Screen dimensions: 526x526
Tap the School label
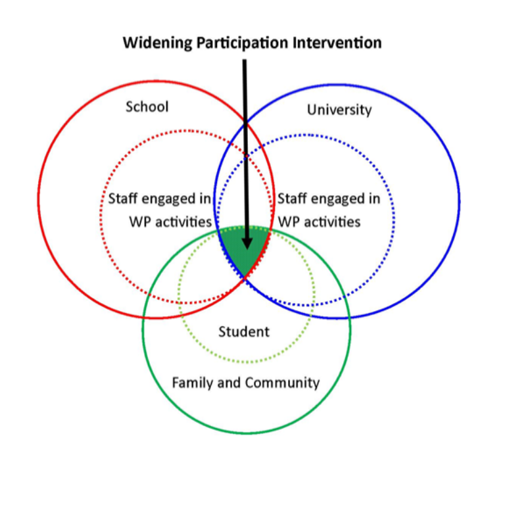[147, 107]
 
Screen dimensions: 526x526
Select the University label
[339, 110]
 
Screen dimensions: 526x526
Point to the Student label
[244, 331]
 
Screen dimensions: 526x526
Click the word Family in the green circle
[191, 383]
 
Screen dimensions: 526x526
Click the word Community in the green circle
[283, 383]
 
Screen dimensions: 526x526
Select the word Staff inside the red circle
[123, 199]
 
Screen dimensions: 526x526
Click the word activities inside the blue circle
[328, 222]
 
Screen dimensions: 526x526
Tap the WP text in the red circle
[140, 222]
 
